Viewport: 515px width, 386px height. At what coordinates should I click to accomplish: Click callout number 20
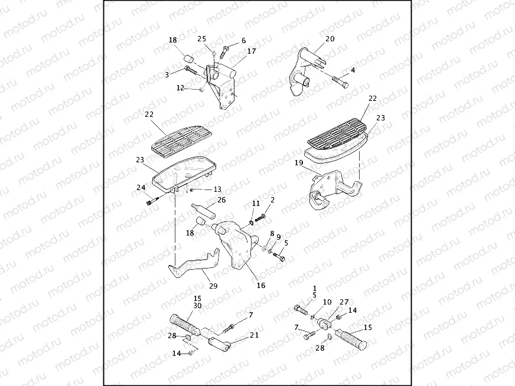[x=330, y=39]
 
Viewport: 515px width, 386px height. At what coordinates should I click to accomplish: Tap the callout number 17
[x=252, y=51]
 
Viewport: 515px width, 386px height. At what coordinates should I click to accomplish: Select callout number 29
[x=213, y=286]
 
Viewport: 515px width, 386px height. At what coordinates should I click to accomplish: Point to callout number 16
[x=260, y=285]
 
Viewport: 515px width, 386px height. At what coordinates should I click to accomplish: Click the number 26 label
[x=221, y=200]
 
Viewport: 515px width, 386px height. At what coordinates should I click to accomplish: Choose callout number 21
[x=255, y=335]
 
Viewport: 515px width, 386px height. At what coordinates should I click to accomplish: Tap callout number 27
[x=344, y=301]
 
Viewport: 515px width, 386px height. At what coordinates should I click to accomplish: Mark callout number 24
[x=141, y=188]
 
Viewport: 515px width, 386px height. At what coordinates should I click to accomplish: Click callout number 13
[x=217, y=189]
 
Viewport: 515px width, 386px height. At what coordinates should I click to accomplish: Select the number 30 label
[x=197, y=306]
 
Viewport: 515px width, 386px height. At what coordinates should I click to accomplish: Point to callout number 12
[x=181, y=88]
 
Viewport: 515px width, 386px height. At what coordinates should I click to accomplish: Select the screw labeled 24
[x=152, y=202]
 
